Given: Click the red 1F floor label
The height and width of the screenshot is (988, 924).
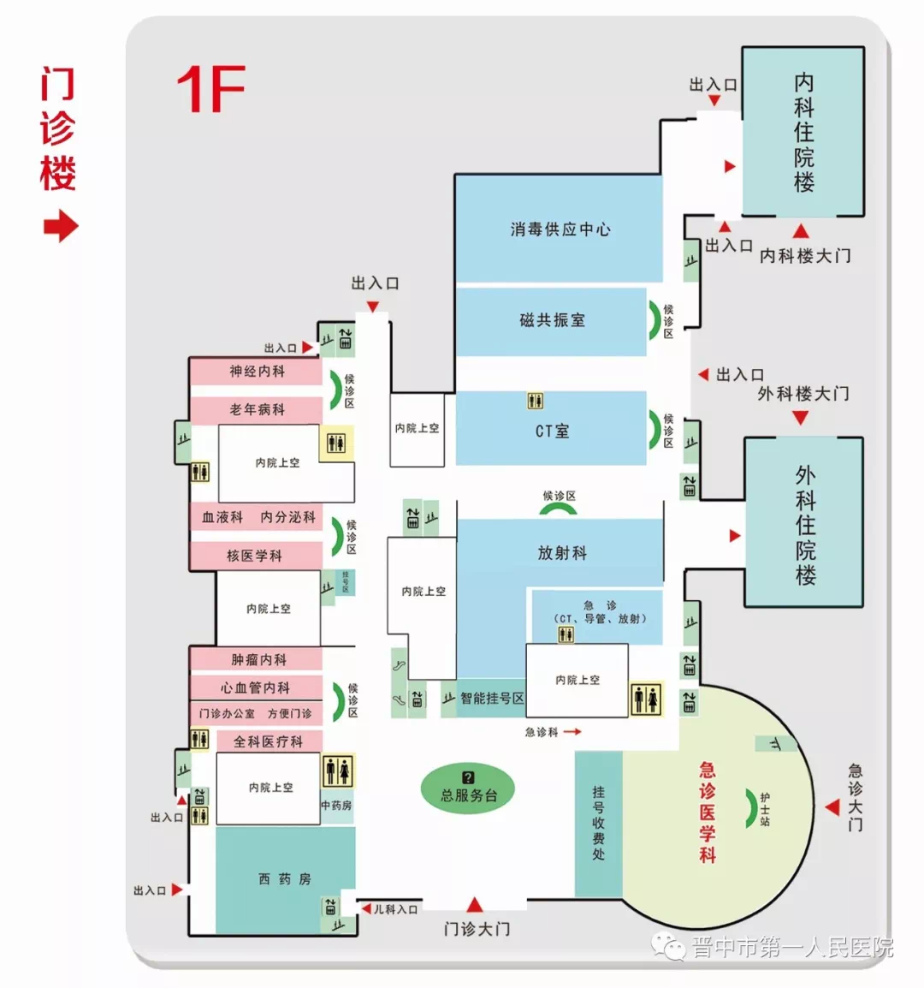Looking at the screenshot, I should click(x=210, y=89).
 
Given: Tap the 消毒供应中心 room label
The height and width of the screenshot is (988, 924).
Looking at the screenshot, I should click(x=560, y=229).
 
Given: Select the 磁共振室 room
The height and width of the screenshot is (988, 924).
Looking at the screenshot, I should click(x=552, y=320).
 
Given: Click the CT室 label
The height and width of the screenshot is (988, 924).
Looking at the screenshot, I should click(x=552, y=431).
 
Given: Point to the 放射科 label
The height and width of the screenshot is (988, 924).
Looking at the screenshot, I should click(x=562, y=553).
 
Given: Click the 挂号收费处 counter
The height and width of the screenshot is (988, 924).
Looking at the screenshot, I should click(x=598, y=823).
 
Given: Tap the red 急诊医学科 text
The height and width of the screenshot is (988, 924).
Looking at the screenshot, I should click(x=708, y=812).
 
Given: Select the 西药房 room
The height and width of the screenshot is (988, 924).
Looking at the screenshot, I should click(x=285, y=879).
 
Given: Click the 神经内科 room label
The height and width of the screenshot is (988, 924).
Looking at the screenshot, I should click(x=257, y=372).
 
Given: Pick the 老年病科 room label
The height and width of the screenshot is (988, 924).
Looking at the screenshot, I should click(x=257, y=410).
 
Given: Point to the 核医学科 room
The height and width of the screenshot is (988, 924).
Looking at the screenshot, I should click(x=254, y=556).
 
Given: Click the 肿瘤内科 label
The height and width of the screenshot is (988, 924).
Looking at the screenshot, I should click(x=258, y=660).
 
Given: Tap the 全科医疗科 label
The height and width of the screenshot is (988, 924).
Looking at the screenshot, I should click(x=268, y=742).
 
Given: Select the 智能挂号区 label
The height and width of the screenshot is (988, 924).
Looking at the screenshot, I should click(x=492, y=699).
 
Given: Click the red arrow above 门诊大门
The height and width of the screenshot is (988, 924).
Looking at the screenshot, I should click(x=476, y=905).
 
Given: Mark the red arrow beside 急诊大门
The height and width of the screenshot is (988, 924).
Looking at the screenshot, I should click(x=832, y=806).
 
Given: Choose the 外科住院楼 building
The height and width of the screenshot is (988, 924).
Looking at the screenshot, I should click(x=805, y=524).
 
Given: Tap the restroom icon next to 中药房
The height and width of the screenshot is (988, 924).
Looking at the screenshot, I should click(x=337, y=771).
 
